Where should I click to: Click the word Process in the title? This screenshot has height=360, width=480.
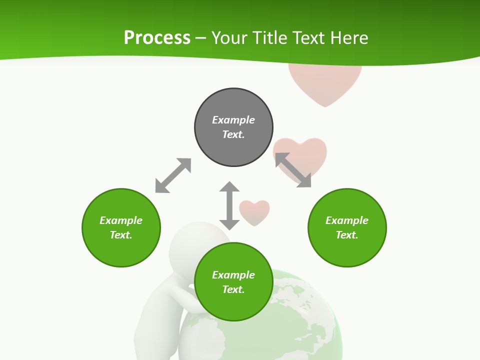point(157,38)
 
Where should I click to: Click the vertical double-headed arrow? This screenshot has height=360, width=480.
point(229,205)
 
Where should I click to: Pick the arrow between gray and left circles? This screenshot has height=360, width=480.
point(173,175)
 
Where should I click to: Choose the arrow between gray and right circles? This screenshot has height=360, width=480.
point(293,170)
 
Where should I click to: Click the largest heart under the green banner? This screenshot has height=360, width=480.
point(325,82)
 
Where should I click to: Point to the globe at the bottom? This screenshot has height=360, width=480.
point(300,320)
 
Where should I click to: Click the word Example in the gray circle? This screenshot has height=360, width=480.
point(233,120)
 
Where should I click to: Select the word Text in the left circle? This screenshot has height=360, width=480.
point(121,235)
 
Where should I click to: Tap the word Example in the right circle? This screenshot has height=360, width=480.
point(347,220)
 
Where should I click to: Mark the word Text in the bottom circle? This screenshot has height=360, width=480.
point(233,289)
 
